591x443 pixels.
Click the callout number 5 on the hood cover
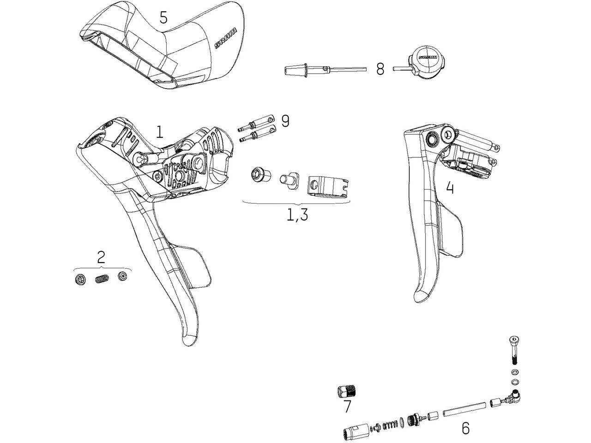coord(163,18)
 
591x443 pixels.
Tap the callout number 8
coord(380,69)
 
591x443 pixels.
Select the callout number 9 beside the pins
coord(285,121)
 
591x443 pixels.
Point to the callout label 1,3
coord(297,215)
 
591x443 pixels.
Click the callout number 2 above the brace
coord(101,257)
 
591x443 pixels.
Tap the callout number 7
coord(347,406)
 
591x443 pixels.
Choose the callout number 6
coord(465,428)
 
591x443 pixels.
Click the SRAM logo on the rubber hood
coord(225,38)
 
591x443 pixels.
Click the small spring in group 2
coord(102,279)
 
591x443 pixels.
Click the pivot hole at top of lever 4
coord(434,138)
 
